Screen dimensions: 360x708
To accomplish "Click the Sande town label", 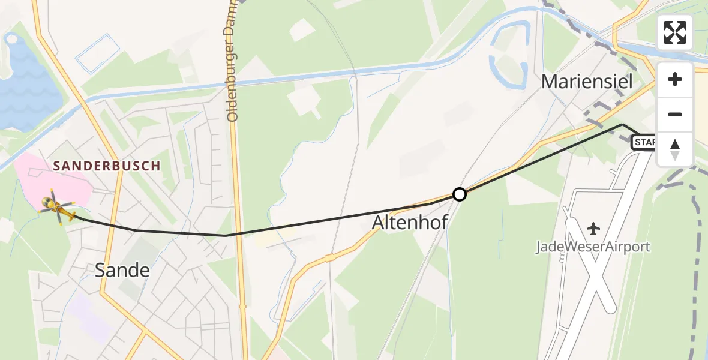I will [x=122, y=271].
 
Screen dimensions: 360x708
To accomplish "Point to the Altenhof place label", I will [x=410, y=223].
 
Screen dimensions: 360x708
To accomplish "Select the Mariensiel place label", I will [x=587, y=82].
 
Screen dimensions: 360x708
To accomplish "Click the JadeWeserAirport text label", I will [x=593, y=247].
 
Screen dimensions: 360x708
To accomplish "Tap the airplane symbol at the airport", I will [x=594, y=229].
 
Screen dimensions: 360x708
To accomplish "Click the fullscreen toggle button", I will [x=675, y=32].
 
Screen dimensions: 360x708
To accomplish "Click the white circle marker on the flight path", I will [x=459, y=194].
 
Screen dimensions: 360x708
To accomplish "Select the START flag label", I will [x=644, y=143].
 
